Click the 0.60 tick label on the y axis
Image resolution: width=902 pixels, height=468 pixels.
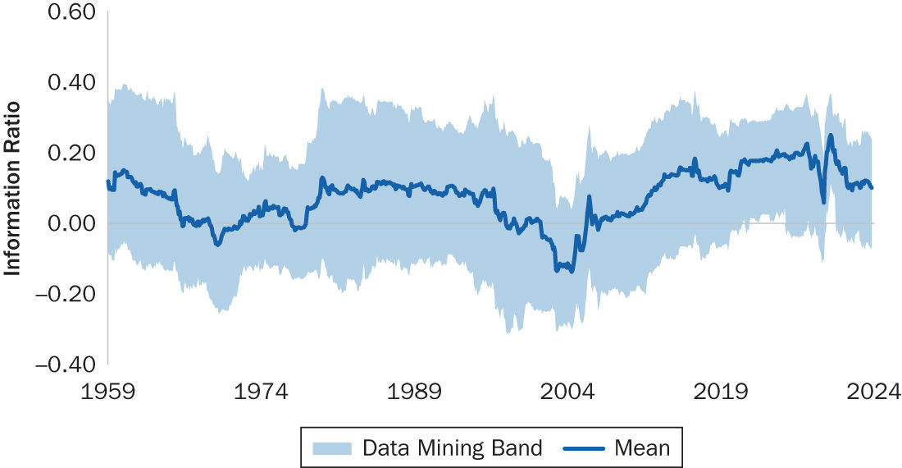72,13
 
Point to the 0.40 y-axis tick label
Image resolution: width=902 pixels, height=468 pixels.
72,83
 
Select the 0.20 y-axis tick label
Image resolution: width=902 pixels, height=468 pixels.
72,153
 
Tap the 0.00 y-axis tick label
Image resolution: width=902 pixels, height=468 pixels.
72,223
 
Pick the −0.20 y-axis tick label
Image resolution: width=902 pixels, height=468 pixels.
66,292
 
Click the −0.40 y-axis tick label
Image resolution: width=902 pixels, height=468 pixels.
66,362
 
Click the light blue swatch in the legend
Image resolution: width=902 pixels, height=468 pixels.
331,448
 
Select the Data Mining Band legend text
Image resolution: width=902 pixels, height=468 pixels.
452,448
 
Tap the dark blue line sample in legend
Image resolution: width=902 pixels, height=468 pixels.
585,448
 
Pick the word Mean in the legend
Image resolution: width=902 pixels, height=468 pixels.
642,448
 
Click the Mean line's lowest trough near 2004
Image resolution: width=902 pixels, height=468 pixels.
572,271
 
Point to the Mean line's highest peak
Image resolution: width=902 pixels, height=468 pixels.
831,135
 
